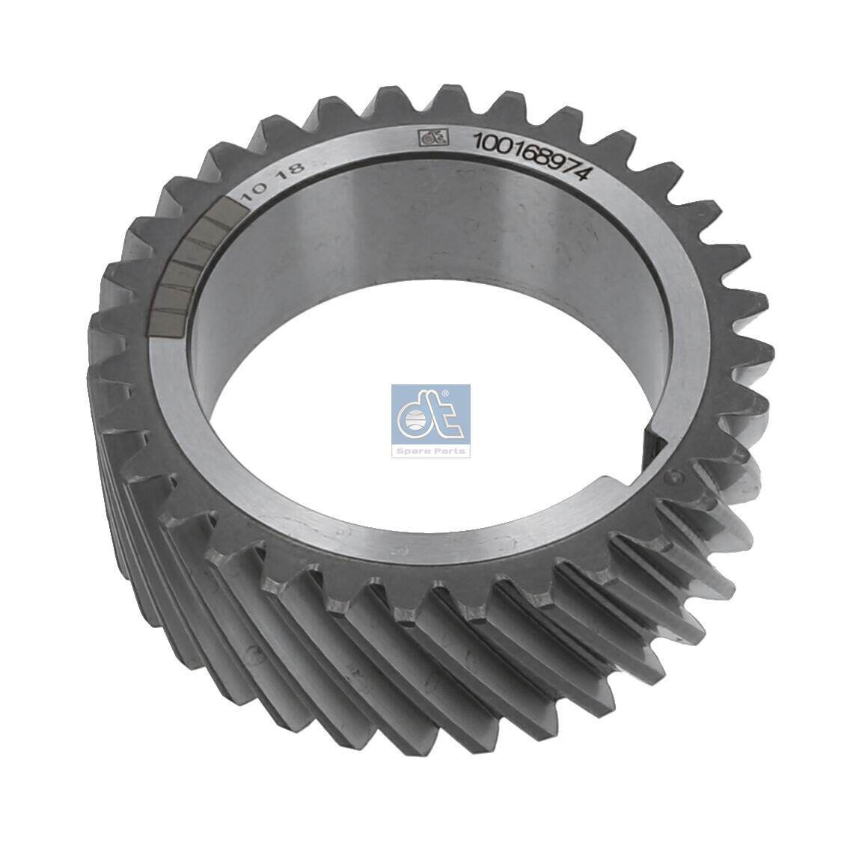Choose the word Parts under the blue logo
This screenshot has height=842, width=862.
click(x=451, y=451)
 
